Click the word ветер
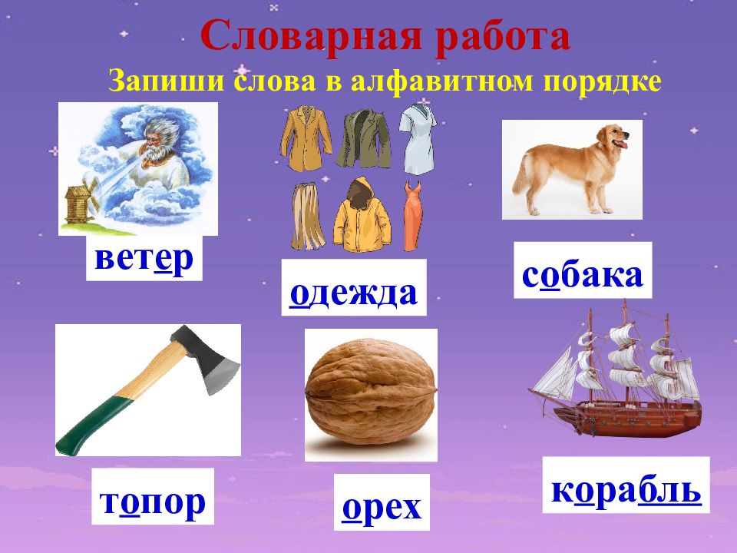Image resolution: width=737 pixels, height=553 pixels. click(144, 259)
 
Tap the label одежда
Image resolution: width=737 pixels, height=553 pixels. click(353, 293)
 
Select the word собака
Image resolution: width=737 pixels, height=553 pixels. click(583, 275)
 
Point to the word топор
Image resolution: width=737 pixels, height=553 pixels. click(153, 502)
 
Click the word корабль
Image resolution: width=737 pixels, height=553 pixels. click(626, 491)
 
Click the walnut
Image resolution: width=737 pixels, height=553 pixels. click(371, 394)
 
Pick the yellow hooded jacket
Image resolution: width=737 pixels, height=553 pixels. click(362, 217)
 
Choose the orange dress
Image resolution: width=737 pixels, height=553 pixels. click(412, 216)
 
